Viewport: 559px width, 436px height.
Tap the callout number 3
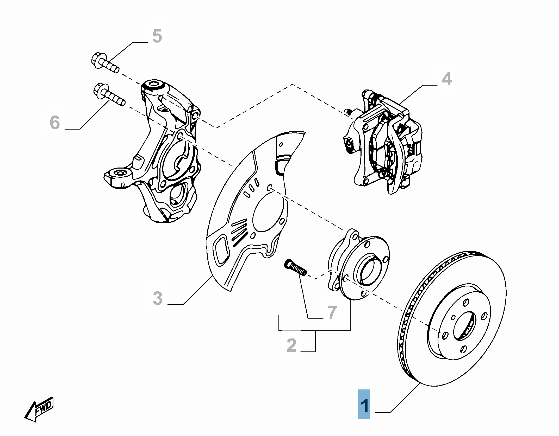pyautogui.click(x=158, y=298)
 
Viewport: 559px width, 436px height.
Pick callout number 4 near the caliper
pyautogui.click(x=447, y=79)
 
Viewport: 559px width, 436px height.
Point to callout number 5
pyautogui.click(x=157, y=36)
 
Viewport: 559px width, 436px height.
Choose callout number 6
pyautogui.click(x=55, y=123)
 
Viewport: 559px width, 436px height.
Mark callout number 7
pyautogui.click(x=332, y=312)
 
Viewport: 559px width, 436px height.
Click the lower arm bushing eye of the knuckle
pyautogui.click(x=120, y=173)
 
